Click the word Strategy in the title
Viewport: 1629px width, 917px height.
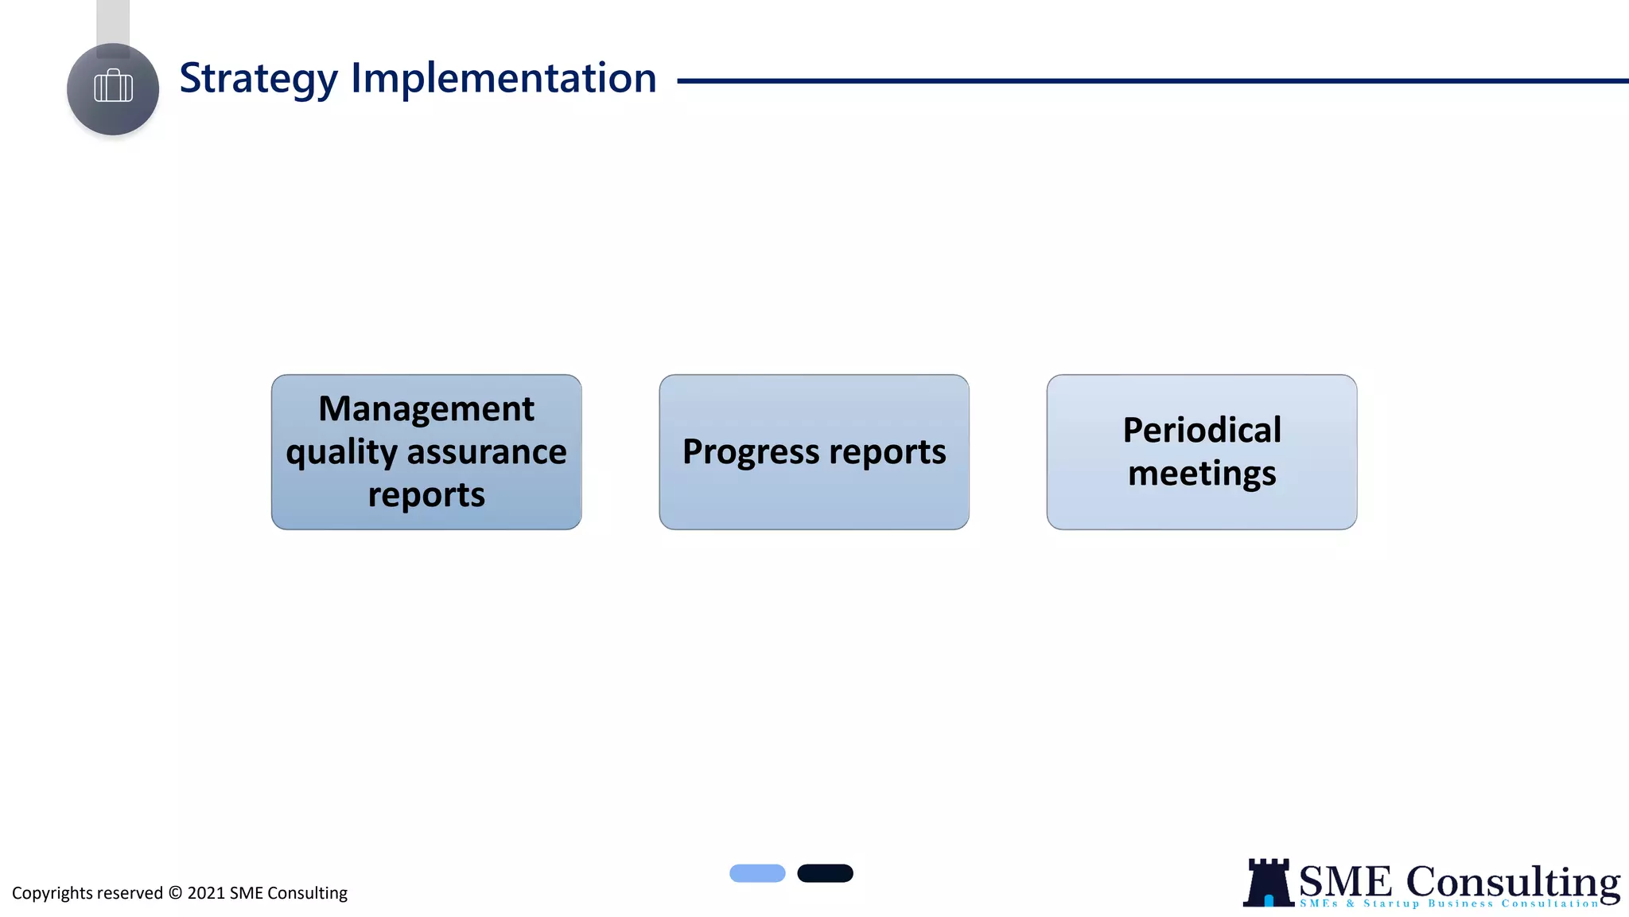pyautogui.click(x=259, y=79)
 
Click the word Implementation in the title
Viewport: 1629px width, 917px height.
pyautogui.click(x=503, y=79)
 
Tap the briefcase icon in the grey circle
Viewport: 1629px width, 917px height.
pyautogui.click(x=113, y=87)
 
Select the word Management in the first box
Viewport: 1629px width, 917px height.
pyautogui.click(x=426, y=408)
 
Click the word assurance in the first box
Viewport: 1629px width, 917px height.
pyautogui.click(x=487, y=451)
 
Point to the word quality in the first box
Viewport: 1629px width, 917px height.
pyautogui.click(x=342, y=453)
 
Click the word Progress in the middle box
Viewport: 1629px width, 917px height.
pyautogui.click(x=751, y=452)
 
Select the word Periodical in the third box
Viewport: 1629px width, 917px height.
pyautogui.click(x=1202, y=430)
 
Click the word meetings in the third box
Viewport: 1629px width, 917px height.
pyautogui.click(x=1202, y=474)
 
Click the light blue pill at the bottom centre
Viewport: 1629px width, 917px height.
pyautogui.click(x=757, y=873)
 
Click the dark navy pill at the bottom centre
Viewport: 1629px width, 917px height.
pyautogui.click(x=825, y=873)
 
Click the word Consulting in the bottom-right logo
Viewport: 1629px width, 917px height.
pyautogui.click(x=1513, y=881)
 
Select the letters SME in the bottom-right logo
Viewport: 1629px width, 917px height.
pyautogui.click(x=1345, y=882)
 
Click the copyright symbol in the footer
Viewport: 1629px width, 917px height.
pyautogui.click(x=175, y=892)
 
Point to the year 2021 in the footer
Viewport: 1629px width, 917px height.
pyautogui.click(x=206, y=893)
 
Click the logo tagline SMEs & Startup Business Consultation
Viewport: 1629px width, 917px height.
pyautogui.click(x=1449, y=903)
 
